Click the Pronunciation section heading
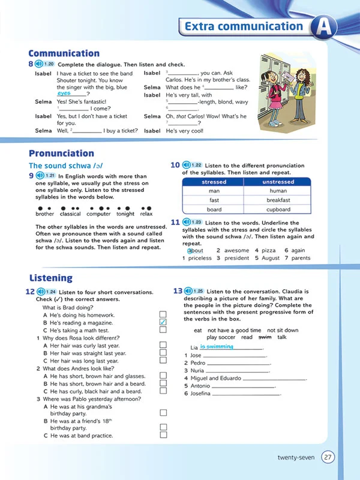click(61, 153)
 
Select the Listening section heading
click(50, 278)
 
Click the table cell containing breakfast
click(278, 200)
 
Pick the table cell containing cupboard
click(278, 210)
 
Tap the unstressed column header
click(278, 182)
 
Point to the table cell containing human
click(278, 191)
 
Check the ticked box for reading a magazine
click(163, 322)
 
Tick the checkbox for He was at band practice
click(163, 435)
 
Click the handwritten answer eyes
click(64, 94)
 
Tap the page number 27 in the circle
click(328, 457)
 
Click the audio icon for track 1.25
click(190, 291)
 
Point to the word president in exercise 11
click(236, 258)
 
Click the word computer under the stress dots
click(98, 214)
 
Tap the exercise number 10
click(175, 165)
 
